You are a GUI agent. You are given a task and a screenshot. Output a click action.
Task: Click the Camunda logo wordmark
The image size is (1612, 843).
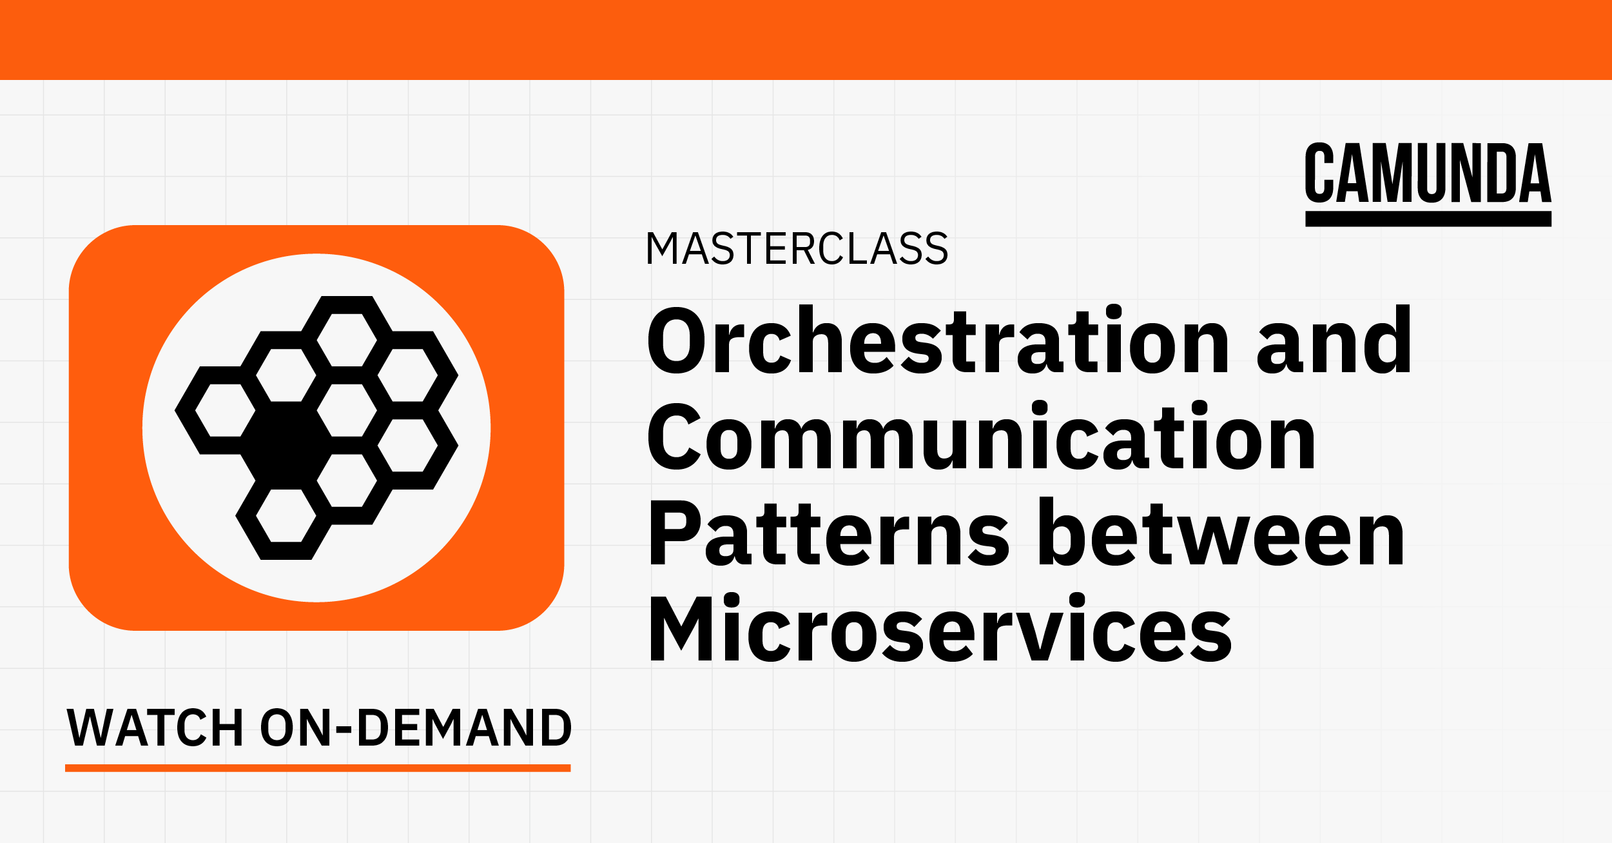point(1428,173)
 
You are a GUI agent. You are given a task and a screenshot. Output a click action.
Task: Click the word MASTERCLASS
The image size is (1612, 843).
point(797,248)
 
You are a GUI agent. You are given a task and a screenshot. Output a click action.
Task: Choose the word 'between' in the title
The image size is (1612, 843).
point(1221,533)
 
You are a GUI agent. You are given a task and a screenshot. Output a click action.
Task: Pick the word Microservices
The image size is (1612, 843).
point(940,629)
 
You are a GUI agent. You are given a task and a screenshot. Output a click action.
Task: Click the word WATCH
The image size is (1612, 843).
point(155,728)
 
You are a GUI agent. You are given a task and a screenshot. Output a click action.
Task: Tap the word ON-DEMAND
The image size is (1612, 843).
point(416,728)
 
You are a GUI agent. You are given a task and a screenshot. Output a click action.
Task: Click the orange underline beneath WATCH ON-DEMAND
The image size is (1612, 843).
point(318,768)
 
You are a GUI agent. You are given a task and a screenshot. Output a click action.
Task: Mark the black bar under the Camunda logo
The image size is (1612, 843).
point(1428,219)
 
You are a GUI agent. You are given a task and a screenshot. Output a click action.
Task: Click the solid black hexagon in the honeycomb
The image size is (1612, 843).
point(286,445)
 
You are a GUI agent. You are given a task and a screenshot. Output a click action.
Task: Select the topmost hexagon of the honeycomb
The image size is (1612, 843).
point(347,340)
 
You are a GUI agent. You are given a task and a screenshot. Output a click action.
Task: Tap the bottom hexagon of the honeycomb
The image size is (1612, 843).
point(286,515)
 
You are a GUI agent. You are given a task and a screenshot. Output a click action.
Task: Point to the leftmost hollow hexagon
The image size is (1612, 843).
point(226,410)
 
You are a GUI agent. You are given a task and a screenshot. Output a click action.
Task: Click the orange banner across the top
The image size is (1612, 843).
point(806,39)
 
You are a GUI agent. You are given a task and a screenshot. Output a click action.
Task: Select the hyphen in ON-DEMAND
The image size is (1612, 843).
point(344,730)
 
